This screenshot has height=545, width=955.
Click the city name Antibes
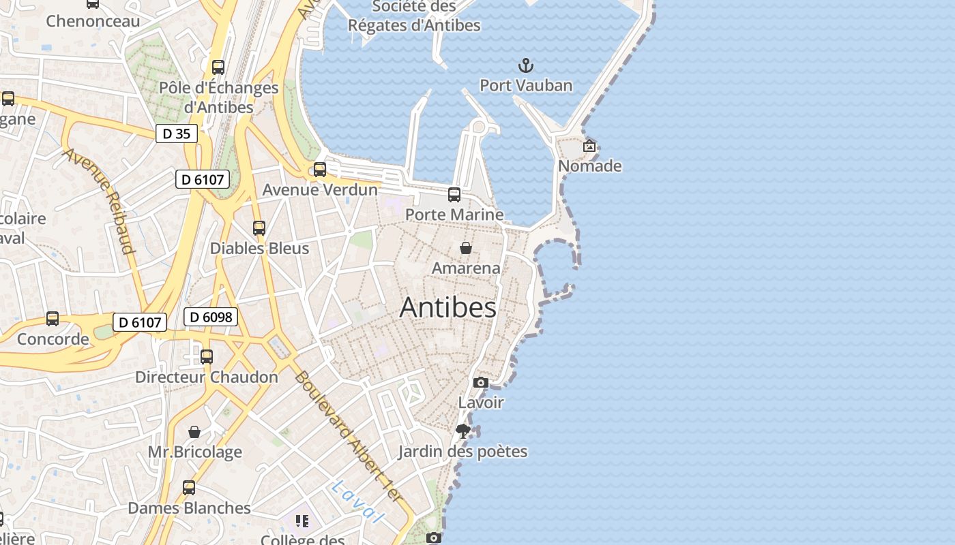tap(447, 307)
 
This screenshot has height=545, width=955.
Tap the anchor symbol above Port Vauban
tap(525, 66)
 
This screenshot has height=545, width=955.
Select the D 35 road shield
tap(177, 134)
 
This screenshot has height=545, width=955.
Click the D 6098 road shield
tap(211, 317)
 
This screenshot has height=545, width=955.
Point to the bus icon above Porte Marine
tap(454, 195)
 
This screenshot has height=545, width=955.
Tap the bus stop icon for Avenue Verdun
tap(320, 170)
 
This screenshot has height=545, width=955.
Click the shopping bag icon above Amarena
tap(466, 248)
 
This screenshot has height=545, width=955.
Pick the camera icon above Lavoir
tap(481, 383)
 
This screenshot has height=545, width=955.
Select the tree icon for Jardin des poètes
tap(463, 431)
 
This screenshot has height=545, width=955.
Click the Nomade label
tap(590, 166)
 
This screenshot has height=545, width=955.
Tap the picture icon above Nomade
tap(589, 146)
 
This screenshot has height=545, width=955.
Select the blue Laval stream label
tap(356, 501)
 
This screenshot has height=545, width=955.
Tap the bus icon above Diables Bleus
tap(259, 228)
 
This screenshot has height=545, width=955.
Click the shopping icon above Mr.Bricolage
tap(194, 432)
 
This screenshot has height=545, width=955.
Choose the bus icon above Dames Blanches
tap(189, 488)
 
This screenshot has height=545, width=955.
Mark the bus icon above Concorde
tap(53, 319)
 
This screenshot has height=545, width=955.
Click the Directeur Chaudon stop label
tap(207, 377)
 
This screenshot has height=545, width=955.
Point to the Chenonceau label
tap(93, 21)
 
